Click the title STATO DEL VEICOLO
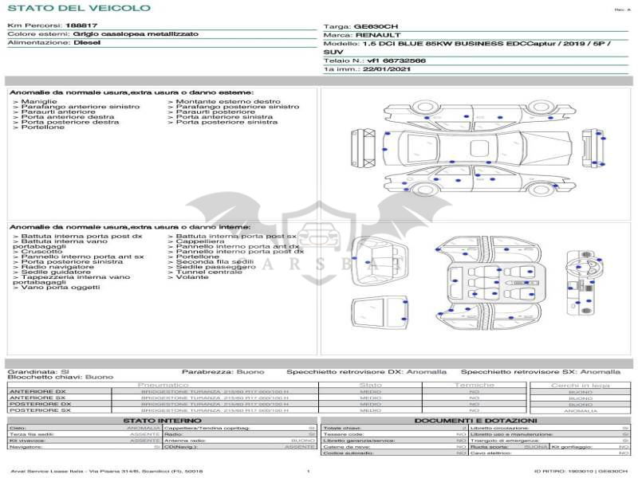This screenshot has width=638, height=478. (78, 8)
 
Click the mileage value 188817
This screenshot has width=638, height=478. (82, 25)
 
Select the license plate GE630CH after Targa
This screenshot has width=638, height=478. (376, 26)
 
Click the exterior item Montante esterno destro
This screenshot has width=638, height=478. (228, 102)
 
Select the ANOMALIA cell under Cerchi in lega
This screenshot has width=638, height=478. (580, 410)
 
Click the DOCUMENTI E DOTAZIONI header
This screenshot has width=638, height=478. (475, 421)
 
